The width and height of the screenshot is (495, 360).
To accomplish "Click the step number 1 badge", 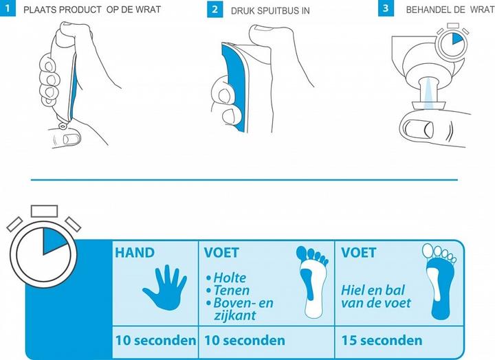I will [x=8, y=9].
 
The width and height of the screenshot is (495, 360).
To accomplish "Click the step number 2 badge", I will [x=214, y=10].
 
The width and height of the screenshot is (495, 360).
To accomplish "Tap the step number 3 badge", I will [x=386, y=9].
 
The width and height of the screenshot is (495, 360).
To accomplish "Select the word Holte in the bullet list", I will [x=230, y=278].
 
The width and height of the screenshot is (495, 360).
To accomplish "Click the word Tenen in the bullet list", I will [x=231, y=291].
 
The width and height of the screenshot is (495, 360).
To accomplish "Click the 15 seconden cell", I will [x=382, y=341].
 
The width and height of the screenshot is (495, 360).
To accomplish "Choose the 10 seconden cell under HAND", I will [x=155, y=341].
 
